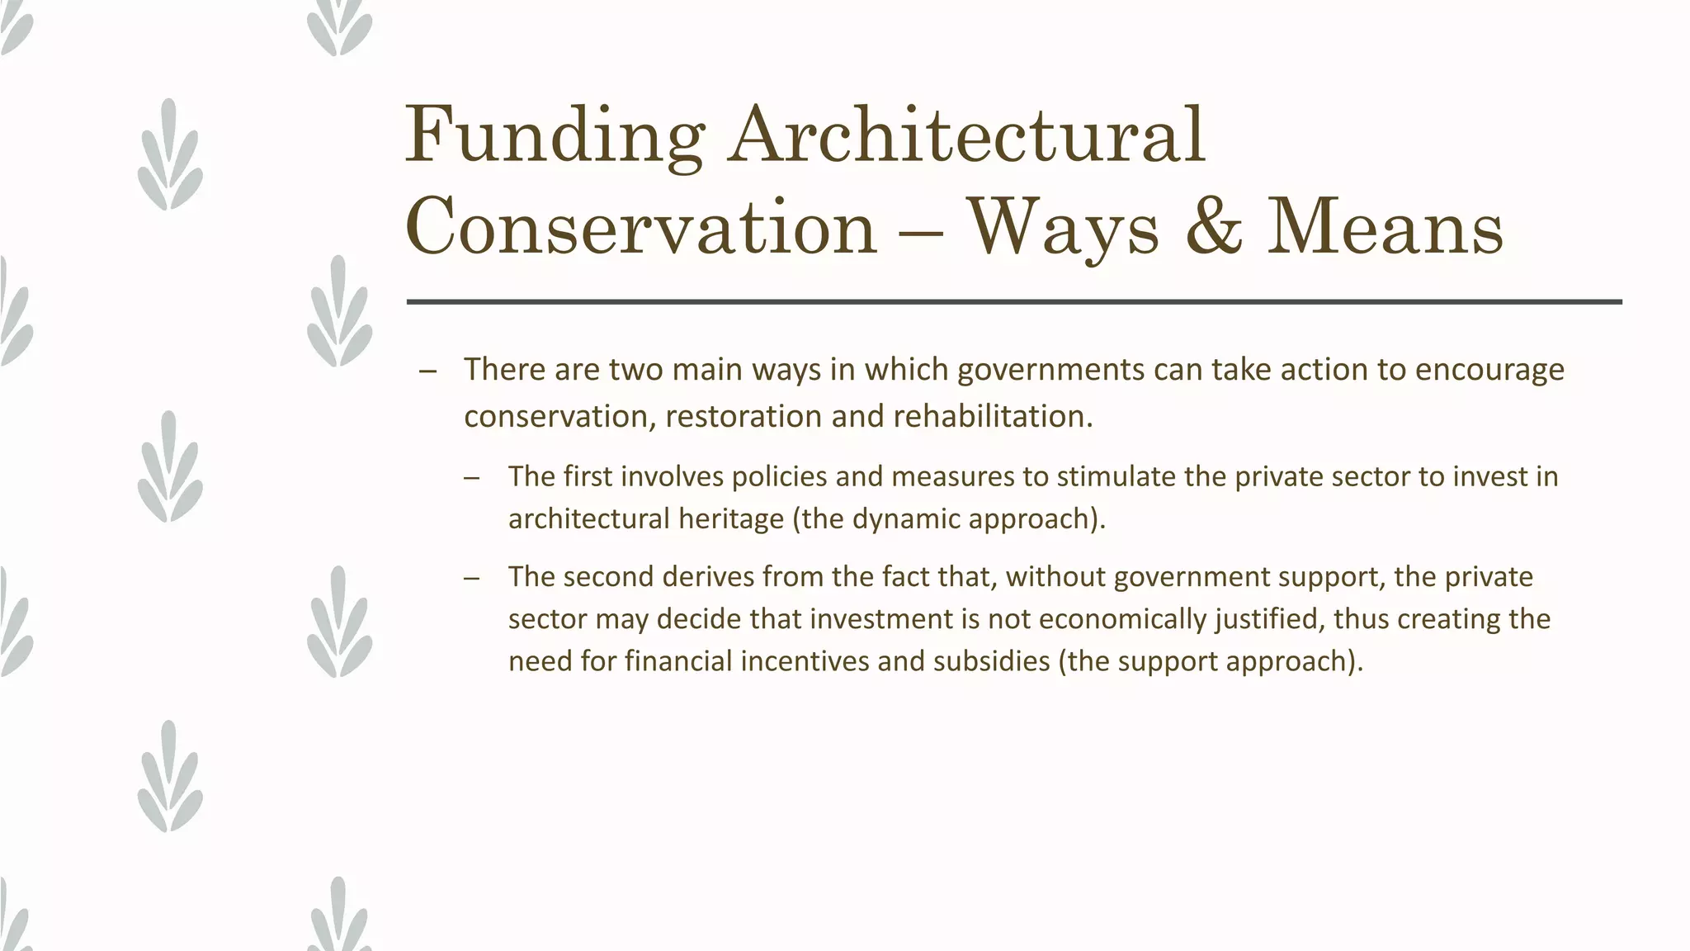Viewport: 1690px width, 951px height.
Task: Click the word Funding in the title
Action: [x=554, y=136]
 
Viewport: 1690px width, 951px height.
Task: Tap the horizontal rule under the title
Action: [x=1013, y=302]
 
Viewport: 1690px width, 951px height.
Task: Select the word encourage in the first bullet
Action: [x=1489, y=369]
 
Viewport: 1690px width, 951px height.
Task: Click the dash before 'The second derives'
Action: [x=472, y=578]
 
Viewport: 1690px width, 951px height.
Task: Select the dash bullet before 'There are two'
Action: [x=427, y=371]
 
